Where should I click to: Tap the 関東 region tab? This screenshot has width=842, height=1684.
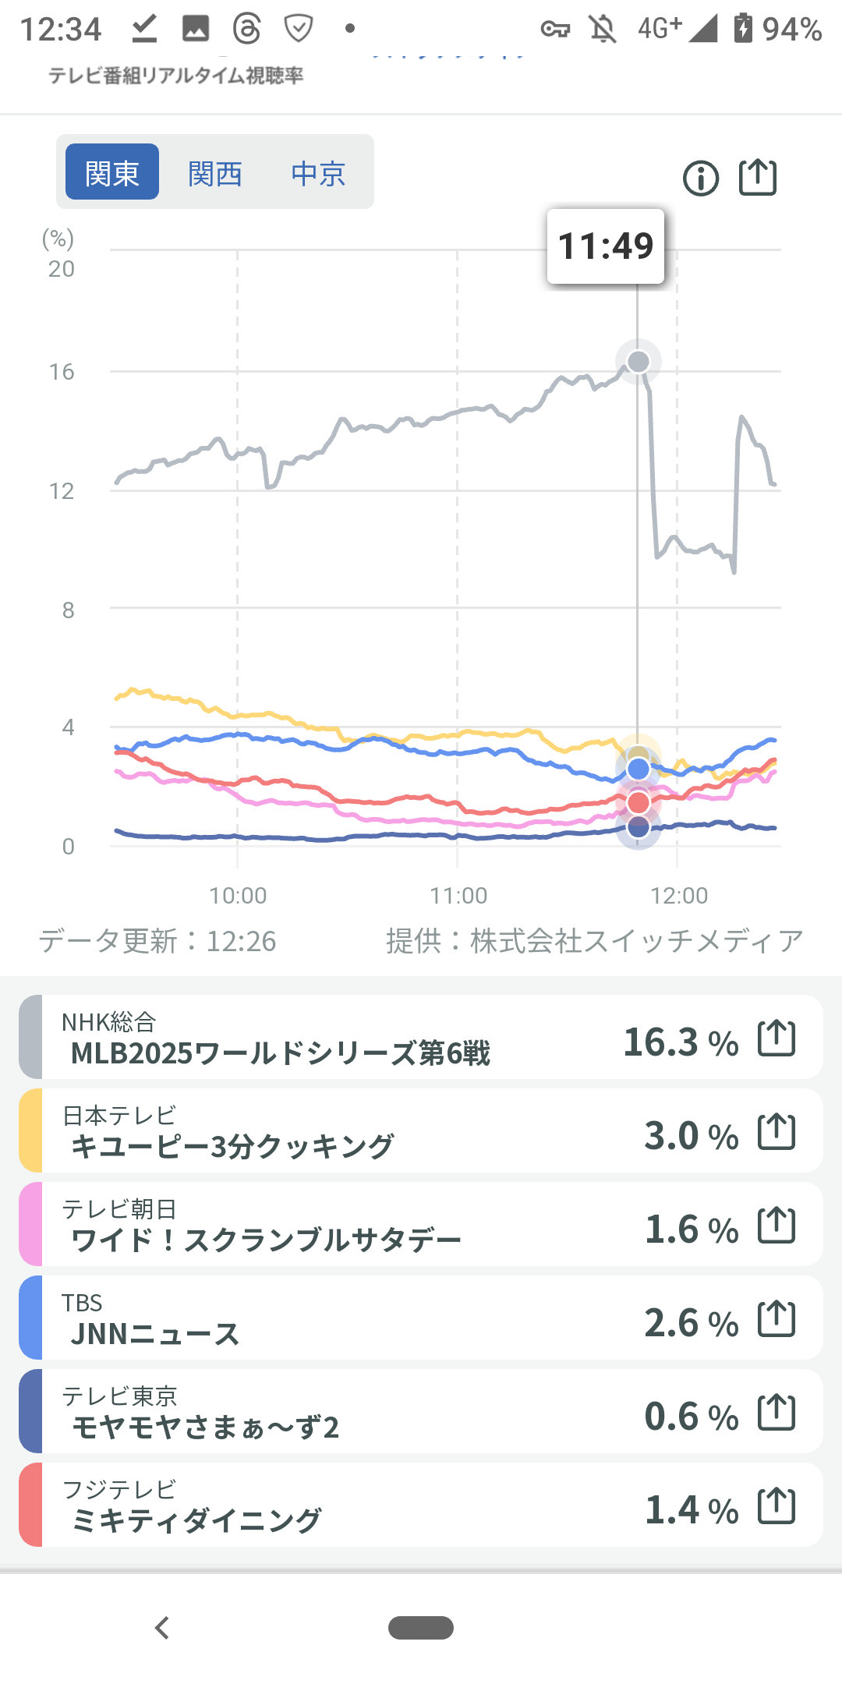[112, 172]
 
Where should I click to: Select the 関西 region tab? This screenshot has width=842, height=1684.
[215, 173]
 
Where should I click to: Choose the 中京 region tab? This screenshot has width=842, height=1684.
[318, 173]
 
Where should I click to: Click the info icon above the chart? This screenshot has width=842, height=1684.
[701, 179]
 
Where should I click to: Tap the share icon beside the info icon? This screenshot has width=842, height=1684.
[758, 177]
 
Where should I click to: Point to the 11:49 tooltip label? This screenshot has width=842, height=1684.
[606, 246]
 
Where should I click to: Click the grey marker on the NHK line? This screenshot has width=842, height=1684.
[639, 362]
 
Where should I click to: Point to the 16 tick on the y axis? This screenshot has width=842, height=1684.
[62, 372]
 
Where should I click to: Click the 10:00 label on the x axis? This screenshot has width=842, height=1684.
[238, 895]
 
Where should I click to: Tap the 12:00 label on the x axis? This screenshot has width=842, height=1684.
[679, 895]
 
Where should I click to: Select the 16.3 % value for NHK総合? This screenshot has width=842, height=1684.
[681, 1042]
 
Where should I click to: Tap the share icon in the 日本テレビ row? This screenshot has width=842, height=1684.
[777, 1131]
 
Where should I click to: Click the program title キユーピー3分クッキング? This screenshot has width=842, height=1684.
[232, 1147]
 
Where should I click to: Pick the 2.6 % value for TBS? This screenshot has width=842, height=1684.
[691, 1322]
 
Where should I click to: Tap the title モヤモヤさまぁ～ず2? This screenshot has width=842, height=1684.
[206, 1428]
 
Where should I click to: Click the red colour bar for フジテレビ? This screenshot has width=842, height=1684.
[30, 1505]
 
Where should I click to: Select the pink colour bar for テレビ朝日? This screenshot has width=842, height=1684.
[30, 1224]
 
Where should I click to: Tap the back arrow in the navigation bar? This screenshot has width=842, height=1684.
[162, 1628]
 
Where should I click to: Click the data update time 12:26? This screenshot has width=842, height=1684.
[241, 942]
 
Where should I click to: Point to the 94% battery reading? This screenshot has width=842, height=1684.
[791, 30]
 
